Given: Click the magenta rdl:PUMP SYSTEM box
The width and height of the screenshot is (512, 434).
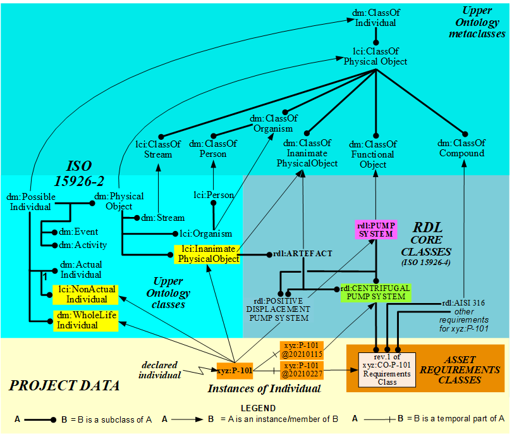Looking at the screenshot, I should point(377,228).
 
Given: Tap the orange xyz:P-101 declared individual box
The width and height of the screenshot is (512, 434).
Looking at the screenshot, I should point(235,370).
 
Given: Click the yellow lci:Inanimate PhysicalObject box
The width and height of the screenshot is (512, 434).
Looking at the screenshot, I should point(208,254).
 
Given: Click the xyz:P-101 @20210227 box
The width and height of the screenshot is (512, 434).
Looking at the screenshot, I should point(302,370).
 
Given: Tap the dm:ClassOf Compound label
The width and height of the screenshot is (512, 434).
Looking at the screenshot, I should point(462,148).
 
